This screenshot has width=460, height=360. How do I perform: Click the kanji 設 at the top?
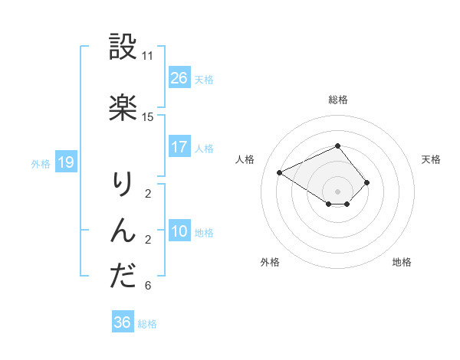tap(123, 47)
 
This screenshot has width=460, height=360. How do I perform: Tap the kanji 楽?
tap(123, 108)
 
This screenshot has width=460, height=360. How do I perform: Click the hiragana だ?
tap(123, 277)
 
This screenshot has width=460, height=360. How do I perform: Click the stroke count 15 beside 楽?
tap(148, 117)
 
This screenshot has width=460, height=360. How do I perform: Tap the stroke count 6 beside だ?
tap(148, 286)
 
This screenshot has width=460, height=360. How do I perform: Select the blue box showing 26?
tap(179, 78)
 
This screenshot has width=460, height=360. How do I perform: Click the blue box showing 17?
tap(179, 147)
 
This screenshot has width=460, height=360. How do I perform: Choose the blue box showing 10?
tap(179, 231)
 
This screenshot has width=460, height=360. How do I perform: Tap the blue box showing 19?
tap(66, 162)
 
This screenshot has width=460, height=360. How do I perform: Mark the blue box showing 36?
tap(123, 322)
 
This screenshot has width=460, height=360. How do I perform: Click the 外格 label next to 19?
tap(41, 163)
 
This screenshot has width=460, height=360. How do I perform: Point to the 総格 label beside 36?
tap(148, 323)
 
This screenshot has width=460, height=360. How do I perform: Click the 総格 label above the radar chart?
tap(337, 100)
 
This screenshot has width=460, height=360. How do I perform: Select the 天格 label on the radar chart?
tap(431, 159)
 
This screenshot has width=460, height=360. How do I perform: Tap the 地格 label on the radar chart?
tap(402, 262)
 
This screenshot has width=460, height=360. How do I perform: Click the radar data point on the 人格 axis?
tap(280, 172)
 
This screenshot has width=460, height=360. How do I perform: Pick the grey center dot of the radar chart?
tap(337, 191)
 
